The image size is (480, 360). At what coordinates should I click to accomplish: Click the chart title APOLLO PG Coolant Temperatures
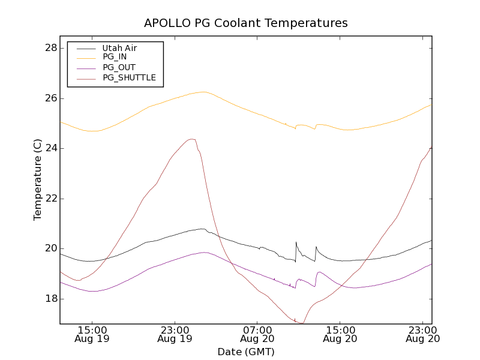(x=246, y=23)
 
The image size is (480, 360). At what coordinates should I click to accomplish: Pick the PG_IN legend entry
(x=115, y=57)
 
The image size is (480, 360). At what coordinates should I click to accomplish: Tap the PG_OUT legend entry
(x=119, y=67)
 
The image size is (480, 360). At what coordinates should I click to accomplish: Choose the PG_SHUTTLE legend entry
(x=129, y=77)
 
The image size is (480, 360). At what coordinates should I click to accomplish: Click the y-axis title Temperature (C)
(x=38, y=179)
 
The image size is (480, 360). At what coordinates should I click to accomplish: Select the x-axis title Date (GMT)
(x=246, y=352)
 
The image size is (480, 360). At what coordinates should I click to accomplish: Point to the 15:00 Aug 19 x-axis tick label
(x=92, y=334)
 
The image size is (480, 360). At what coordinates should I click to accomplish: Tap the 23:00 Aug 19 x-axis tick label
(x=175, y=334)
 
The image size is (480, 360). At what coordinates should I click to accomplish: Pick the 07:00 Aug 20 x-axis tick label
(x=257, y=334)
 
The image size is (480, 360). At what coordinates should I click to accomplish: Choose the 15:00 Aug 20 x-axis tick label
(x=340, y=334)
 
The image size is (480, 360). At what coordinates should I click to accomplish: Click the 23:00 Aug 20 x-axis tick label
(x=423, y=334)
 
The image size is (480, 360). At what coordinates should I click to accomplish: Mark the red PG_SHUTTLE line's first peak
(x=192, y=139)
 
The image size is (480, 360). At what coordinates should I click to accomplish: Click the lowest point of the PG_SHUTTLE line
(x=302, y=323)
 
